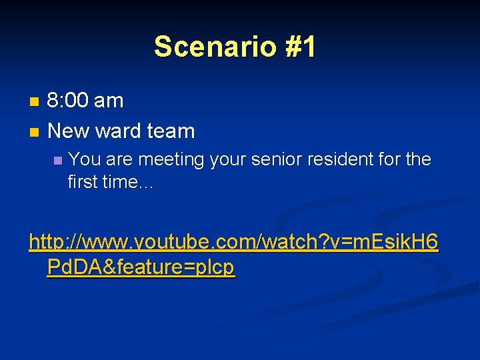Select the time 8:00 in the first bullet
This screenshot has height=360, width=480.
coord(69,101)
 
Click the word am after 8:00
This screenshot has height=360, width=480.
coord(109,101)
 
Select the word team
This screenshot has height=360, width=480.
coord(171,131)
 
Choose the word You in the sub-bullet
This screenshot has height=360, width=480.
coord(81,159)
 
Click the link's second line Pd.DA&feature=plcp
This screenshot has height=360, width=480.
coord(141,267)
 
